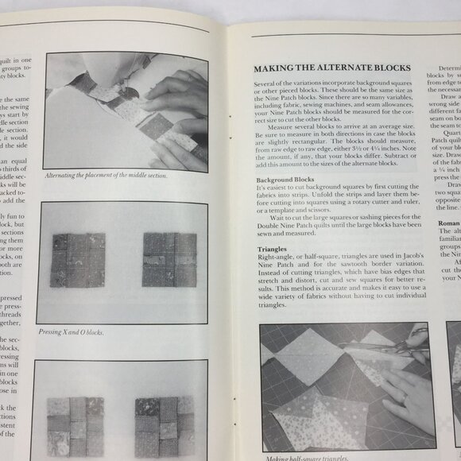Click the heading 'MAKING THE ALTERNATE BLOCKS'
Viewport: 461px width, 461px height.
tap(331, 68)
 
